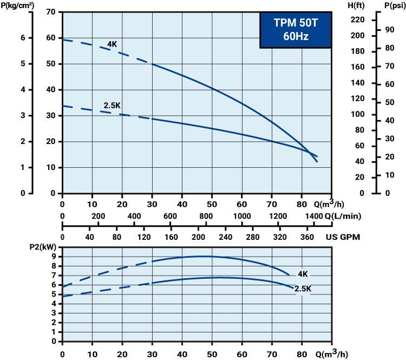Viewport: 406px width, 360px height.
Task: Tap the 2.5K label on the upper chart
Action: pyautogui.click(x=112, y=105)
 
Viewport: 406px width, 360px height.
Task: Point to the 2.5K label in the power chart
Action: pyautogui.click(x=303, y=289)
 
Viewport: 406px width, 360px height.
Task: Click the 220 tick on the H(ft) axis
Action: pyautogui.click(x=357, y=20)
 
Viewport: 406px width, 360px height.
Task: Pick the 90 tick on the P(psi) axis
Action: pyautogui.click(x=389, y=30)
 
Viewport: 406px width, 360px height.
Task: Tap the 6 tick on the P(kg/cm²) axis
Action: pyautogui.click(x=22, y=38)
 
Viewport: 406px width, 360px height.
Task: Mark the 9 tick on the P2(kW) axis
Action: pyautogui.click(x=55, y=257)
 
